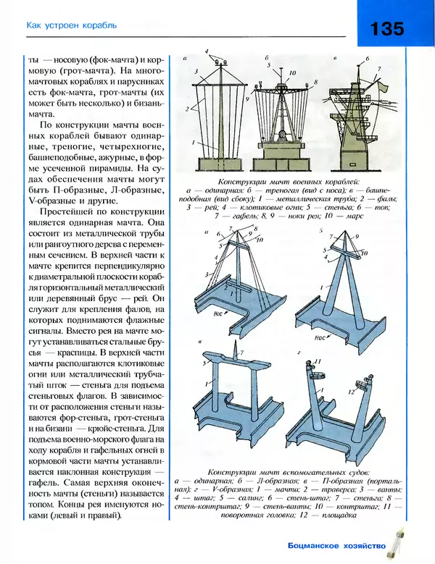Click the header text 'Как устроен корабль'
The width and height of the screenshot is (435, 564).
71,27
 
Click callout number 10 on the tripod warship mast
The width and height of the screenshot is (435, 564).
292,74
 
